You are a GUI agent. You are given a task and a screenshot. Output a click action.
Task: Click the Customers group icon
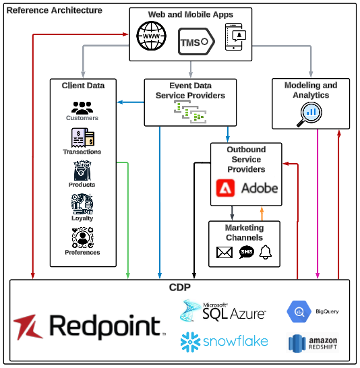click(x=82, y=107)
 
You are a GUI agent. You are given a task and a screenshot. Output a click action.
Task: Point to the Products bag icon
click(x=82, y=171)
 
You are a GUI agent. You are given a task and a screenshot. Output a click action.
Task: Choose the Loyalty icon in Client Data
click(x=82, y=204)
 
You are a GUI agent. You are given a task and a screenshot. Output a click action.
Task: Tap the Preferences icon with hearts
click(x=82, y=237)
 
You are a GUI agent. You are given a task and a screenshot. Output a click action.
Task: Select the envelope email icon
click(x=224, y=253)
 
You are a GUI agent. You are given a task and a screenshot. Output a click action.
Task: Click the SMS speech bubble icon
click(x=246, y=253)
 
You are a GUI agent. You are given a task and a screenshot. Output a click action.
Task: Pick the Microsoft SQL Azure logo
click(x=223, y=311)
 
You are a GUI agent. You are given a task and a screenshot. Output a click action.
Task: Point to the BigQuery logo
click(x=311, y=312)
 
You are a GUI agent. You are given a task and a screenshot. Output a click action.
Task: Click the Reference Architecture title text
click(x=55, y=10)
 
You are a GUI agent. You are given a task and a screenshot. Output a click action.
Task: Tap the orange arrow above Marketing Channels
click(x=262, y=212)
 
